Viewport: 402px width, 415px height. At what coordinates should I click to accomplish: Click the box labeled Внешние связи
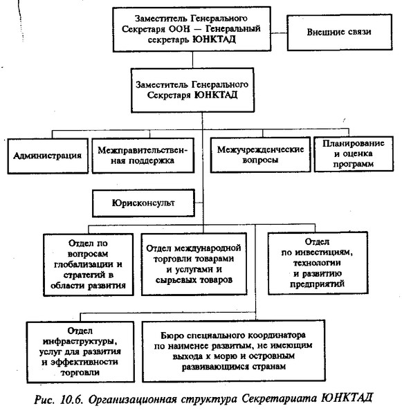340,33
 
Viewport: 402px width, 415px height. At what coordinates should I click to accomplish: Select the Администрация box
48,156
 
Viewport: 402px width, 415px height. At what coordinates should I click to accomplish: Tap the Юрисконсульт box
143,203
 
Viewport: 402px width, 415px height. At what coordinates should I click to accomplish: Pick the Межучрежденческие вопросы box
260,154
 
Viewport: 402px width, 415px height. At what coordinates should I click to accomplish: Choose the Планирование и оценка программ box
354,154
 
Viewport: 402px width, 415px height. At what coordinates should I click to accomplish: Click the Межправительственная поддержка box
143,156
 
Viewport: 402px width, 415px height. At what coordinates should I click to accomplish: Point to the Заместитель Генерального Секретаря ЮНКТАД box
192,90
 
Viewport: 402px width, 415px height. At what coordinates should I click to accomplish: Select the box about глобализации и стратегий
88,265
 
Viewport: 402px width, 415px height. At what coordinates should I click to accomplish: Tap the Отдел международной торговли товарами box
194,264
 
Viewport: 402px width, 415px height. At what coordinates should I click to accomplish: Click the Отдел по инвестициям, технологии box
318,263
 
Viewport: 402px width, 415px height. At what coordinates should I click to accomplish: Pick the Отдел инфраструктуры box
80,352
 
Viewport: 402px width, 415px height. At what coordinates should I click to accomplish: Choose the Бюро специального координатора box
234,351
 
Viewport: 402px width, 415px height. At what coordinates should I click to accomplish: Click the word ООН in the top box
179,29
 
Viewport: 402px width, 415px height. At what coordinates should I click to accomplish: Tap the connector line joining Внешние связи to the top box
279,33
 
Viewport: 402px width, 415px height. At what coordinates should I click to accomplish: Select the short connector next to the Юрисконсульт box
199,203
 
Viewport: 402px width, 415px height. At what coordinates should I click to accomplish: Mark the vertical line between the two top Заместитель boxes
192,59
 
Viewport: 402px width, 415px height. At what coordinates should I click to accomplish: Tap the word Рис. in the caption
44,399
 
